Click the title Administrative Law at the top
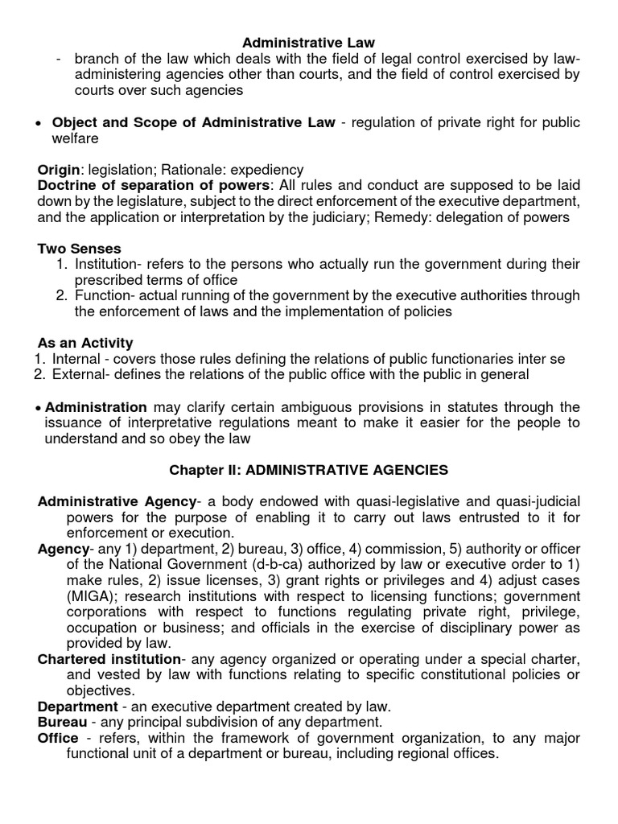pyautogui.click(x=309, y=42)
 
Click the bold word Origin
pyautogui.click(x=59, y=170)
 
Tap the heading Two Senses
pyautogui.click(x=80, y=249)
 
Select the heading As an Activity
pyautogui.click(x=85, y=343)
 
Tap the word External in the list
pyautogui.click(x=77, y=374)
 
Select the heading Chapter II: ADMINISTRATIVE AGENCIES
pyautogui.click(x=309, y=469)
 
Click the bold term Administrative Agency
pyautogui.click(x=117, y=501)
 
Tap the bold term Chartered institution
pyautogui.click(x=108, y=659)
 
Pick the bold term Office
pyautogui.click(x=59, y=738)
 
